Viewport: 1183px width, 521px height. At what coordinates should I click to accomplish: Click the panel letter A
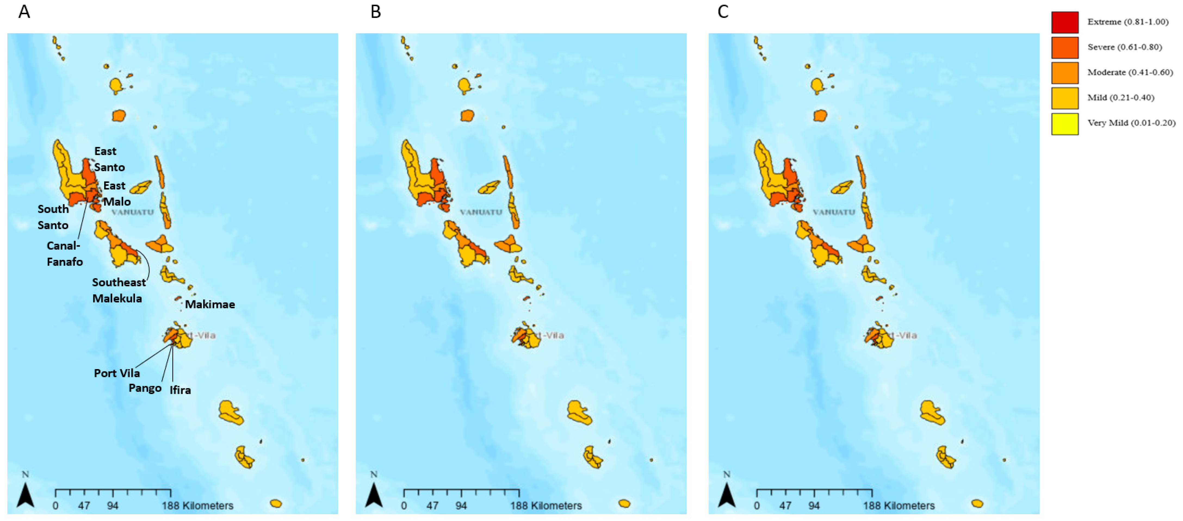tap(24, 11)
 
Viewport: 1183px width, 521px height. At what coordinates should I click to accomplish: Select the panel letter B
tap(375, 11)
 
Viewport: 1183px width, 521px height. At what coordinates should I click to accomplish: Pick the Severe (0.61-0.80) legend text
tap(1124, 47)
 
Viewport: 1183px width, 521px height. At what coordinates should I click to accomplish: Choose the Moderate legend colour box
tap(1064, 73)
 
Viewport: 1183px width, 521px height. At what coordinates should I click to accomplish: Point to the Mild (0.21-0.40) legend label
tap(1120, 97)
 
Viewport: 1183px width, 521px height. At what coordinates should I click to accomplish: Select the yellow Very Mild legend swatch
tap(1064, 123)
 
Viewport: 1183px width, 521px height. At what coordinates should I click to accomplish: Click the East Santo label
tap(109, 159)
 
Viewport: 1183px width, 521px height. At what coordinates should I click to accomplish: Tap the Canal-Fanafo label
tap(64, 253)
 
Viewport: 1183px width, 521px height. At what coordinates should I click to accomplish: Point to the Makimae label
tap(210, 304)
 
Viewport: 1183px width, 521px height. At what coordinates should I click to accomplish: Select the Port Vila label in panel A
tap(117, 373)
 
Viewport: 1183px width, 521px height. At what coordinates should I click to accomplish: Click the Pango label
tap(145, 388)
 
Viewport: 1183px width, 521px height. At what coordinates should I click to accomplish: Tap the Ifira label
tap(180, 390)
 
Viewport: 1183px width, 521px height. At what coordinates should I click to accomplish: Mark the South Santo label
tap(53, 217)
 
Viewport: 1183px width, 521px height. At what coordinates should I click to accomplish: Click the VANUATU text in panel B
tap(481, 212)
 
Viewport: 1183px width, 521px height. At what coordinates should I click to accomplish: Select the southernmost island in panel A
tap(275, 504)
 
